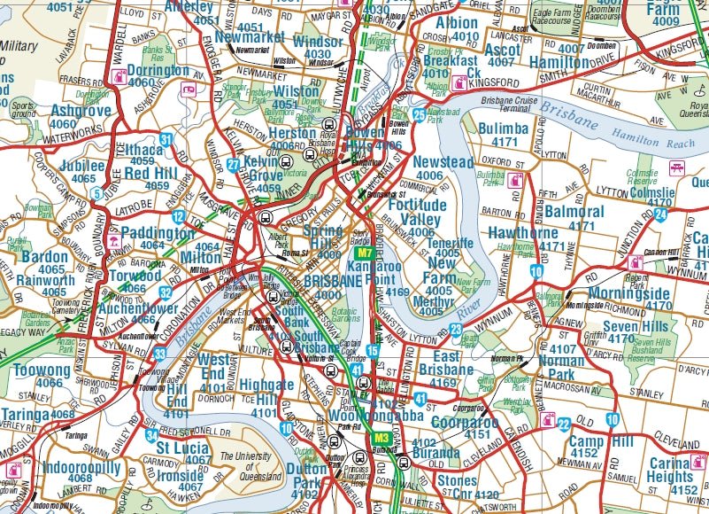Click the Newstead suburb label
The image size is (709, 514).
pyautogui.click(x=443, y=162)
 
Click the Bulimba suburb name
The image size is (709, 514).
pyautogui.click(x=503, y=129)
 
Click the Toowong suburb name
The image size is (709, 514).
pyautogui.click(x=41, y=370)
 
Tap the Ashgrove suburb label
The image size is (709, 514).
pyautogui.click(x=81, y=111)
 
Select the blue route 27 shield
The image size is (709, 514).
pyautogui.click(x=233, y=164)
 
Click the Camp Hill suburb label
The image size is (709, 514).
pyautogui.click(x=601, y=441)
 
